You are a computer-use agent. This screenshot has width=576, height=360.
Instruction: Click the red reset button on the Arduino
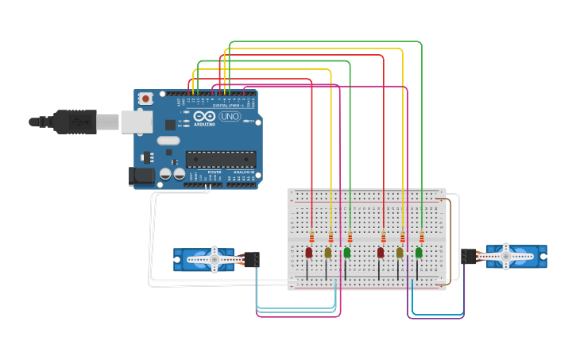(x=146, y=99)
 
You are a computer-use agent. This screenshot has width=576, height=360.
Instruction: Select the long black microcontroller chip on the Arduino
(x=221, y=159)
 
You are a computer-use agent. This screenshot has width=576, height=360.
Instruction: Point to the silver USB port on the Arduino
(x=136, y=122)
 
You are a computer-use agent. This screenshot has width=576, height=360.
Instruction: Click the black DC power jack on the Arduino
(x=142, y=176)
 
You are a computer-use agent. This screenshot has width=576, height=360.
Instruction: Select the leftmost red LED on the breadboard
(x=309, y=253)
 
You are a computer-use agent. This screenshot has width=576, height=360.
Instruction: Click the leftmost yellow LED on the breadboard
(x=328, y=253)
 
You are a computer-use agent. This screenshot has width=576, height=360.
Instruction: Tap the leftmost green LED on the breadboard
(x=347, y=253)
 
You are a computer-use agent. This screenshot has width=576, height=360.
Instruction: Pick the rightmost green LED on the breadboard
(x=419, y=253)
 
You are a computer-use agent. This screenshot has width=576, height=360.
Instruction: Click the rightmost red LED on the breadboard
(x=381, y=253)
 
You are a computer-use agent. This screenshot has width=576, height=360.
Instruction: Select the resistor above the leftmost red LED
(x=311, y=237)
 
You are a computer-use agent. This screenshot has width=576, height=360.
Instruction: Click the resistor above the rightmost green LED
(x=421, y=237)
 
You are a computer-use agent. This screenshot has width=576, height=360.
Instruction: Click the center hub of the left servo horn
(x=213, y=259)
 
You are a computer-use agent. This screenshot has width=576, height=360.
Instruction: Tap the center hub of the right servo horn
(x=505, y=256)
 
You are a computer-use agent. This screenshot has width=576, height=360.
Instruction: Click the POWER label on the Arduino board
(x=215, y=172)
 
